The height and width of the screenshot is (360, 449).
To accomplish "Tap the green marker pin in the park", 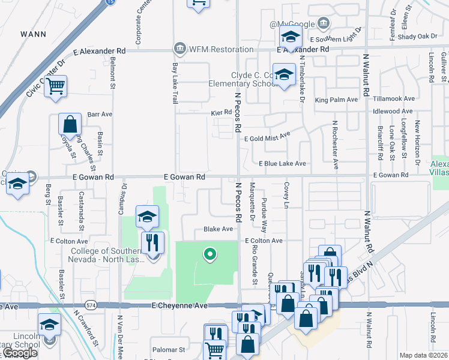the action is coord(209,255).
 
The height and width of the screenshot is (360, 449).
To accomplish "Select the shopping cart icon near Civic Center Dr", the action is coord(55,86).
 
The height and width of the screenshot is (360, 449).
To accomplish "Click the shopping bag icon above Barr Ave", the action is coord(70,125).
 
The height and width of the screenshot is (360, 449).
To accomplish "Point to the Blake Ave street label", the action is coord(218,229).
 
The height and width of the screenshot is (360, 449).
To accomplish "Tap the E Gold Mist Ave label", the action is coord(267,138).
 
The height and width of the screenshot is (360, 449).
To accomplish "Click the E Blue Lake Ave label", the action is coord(282,163).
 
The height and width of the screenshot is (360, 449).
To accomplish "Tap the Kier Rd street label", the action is coord(221,112).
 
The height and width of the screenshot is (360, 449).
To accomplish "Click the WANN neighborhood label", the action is coord(33,34).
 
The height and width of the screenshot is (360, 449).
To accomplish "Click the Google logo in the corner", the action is coord(20,353).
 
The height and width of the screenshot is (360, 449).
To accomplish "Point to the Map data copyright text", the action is coord(424,355).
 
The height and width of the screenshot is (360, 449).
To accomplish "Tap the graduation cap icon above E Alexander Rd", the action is coord(291,37).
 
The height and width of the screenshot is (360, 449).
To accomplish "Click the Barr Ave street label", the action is coord(100,113).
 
